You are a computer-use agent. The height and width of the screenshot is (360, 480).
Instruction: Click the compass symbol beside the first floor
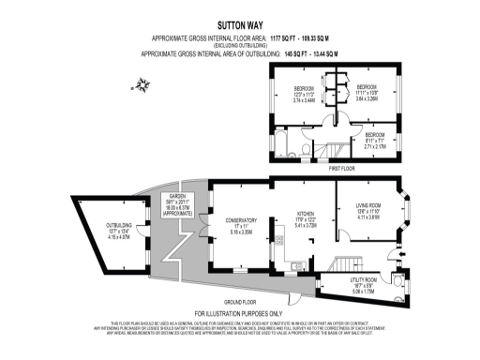click(x=142, y=87)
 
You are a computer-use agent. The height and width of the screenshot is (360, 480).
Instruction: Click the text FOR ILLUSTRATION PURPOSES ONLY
click(x=238, y=312)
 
